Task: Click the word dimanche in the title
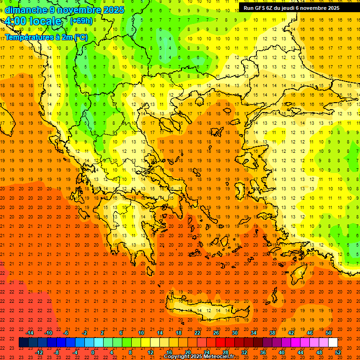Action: pyautogui.click(x=26, y=10)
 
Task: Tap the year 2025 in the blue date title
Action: pyautogui.click(x=113, y=10)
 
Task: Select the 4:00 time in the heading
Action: pyautogui.click(x=15, y=22)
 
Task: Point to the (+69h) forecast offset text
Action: pyautogui.click(x=81, y=21)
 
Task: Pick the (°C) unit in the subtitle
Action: pyautogui.click(x=80, y=37)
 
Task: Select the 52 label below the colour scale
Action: pyautogui.click(x=338, y=352)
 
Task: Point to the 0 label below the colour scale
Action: pyautogui.click(x=93, y=352)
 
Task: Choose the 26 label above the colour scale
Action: pyautogui.click(x=216, y=333)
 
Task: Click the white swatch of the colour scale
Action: pyautogui.click(x=333, y=343)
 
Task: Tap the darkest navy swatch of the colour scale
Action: pyautogui.click(x=23, y=343)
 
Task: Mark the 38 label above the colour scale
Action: pyautogui.click(x=272, y=333)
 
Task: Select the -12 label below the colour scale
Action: pyautogui.click(x=39, y=352)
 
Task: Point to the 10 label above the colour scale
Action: pyautogui.click(x=141, y=333)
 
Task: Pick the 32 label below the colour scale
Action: pyautogui.click(x=244, y=352)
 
